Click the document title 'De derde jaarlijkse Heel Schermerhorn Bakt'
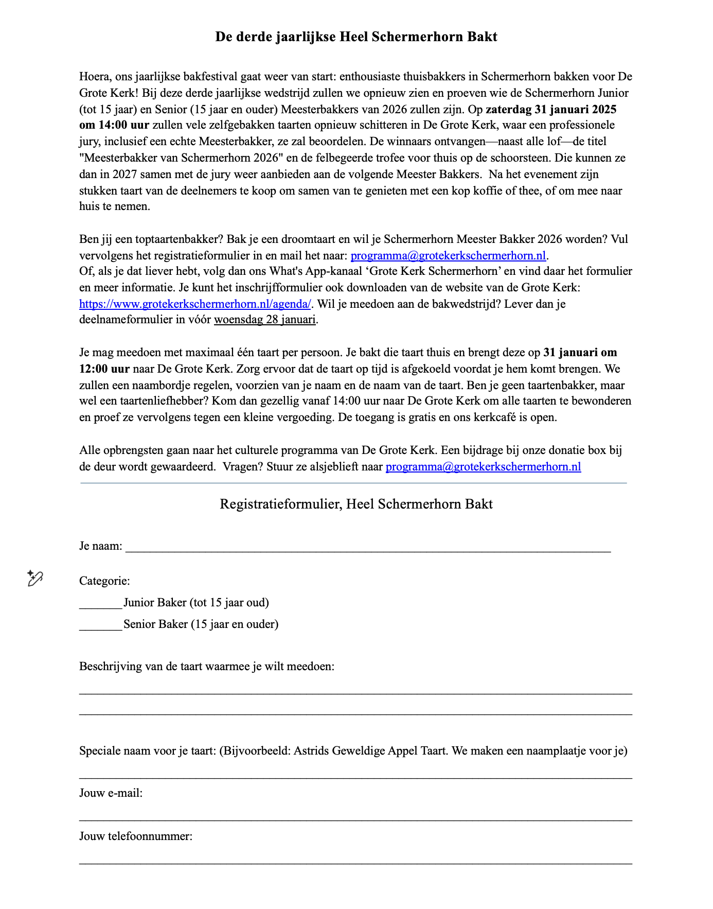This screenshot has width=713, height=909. click(356, 37)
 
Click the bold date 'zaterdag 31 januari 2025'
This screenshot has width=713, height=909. click(551, 109)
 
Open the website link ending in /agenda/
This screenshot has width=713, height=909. click(195, 304)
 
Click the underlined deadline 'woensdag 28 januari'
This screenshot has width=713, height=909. click(264, 320)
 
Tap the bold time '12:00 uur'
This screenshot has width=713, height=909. click(104, 369)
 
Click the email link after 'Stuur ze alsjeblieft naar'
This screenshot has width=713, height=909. click(483, 467)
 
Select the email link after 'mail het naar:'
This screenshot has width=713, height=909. click(448, 256)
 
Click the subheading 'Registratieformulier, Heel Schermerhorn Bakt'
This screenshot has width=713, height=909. click(356, 504)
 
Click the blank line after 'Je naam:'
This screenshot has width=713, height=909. click(368, 548)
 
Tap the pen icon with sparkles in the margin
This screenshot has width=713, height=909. click(35, 579)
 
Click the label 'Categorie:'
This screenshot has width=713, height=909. click(104, 581)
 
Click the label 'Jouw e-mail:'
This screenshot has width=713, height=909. click(111, 793)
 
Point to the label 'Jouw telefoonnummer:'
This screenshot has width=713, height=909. click(136, 836)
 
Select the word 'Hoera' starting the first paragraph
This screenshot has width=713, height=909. click(94, 77)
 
